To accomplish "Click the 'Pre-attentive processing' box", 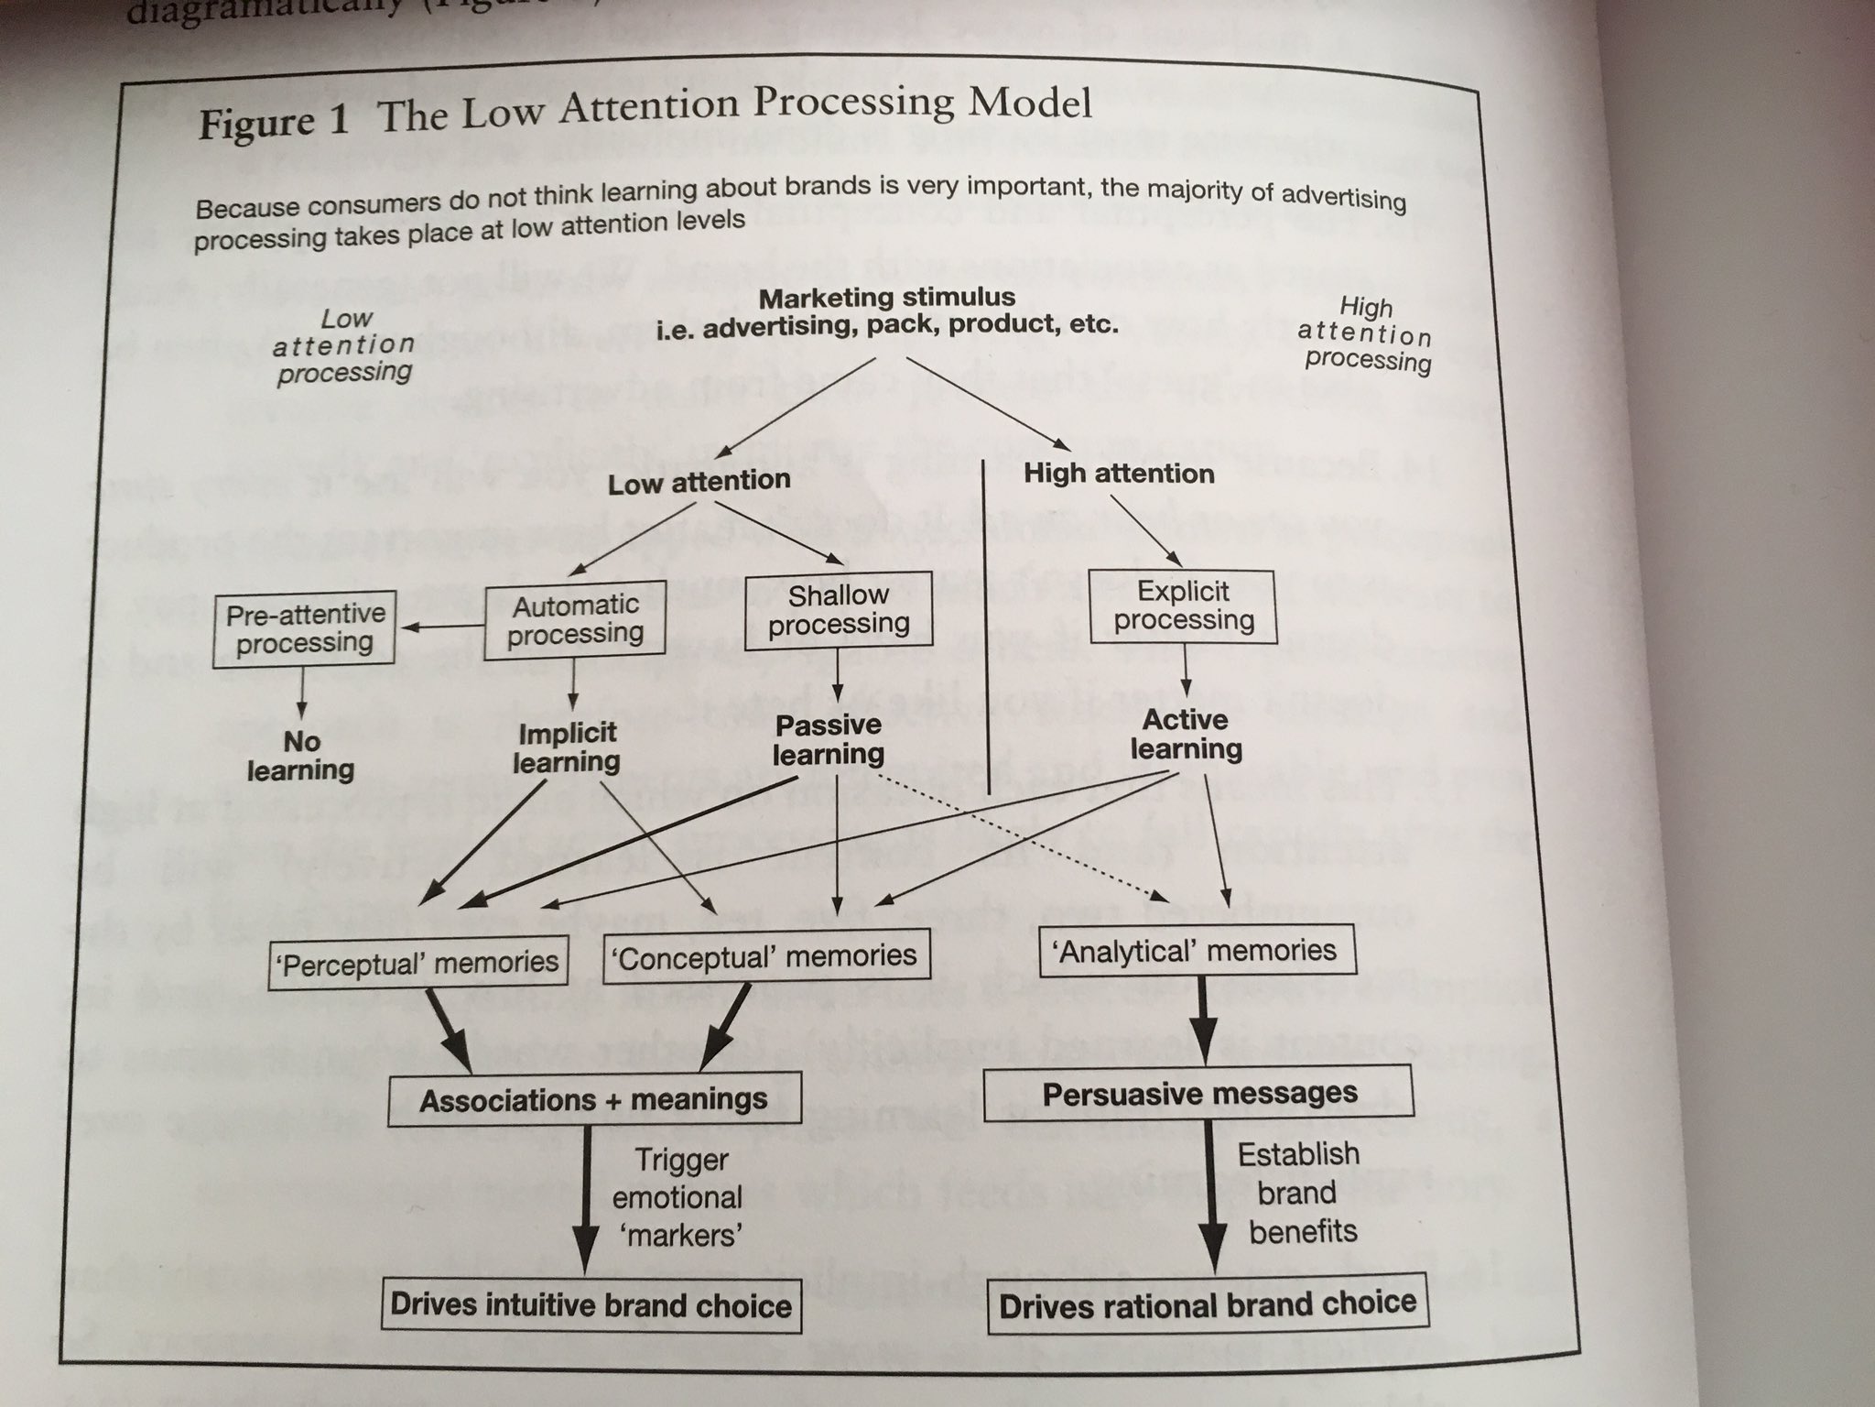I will [x=304, y=628].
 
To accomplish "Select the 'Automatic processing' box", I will [x=575, y=619].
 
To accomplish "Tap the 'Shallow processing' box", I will [x=839, y=610].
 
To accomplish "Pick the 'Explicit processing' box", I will [x=1183, y=605].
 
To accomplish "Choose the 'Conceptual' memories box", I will [x=765, y=956].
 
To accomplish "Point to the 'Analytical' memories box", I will [x=1197, y=951].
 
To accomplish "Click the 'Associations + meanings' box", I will [x=594, y=1099].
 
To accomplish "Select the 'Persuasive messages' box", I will [x=1199, y=1095].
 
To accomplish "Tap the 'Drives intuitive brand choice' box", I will [x=591, y=1304].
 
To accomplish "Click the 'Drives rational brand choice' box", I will [x=1208, y=1303].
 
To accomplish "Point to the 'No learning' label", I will [x=300, y=756].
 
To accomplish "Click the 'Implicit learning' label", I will [x=567, y=747].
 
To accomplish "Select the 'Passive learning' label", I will [x=829, y=739].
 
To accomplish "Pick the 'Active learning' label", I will [x=1186, y=735].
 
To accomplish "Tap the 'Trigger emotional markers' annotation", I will [x=679, y=1197].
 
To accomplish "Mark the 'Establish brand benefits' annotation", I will [x=1300, y=1193].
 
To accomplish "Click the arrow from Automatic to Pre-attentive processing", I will [x=443, y=628].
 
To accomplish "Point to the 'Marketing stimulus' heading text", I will [x=886, y=298].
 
